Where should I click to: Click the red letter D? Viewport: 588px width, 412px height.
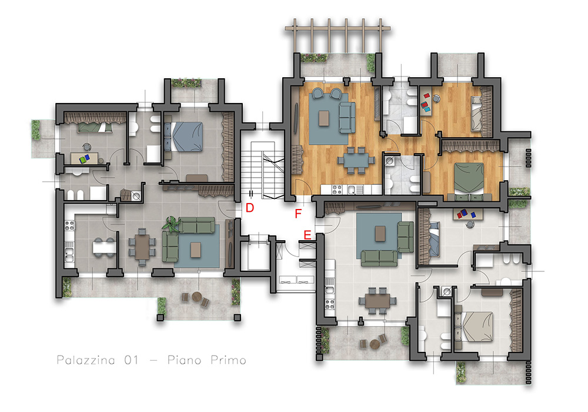pos(250,208)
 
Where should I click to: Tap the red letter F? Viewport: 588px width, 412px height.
pos(298,214)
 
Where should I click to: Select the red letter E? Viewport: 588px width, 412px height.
pos(307,235)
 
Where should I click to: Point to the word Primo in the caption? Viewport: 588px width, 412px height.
pos(228,360)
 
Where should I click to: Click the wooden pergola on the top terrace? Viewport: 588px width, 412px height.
pos(338,36)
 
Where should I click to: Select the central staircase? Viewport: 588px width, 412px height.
pos(262,170)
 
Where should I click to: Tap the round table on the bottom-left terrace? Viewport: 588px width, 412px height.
pos(197,297)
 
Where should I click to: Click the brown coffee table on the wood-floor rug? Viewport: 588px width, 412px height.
pos(323,118)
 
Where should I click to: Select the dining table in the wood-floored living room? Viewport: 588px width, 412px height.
pos(356,160)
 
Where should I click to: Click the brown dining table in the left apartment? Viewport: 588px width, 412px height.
pos(142,247)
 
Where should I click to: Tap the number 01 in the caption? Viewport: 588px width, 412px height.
pos(131,360)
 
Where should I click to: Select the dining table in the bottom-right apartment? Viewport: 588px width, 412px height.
pos(377,301)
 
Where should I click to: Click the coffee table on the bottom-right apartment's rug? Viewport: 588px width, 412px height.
pos(380,234)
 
